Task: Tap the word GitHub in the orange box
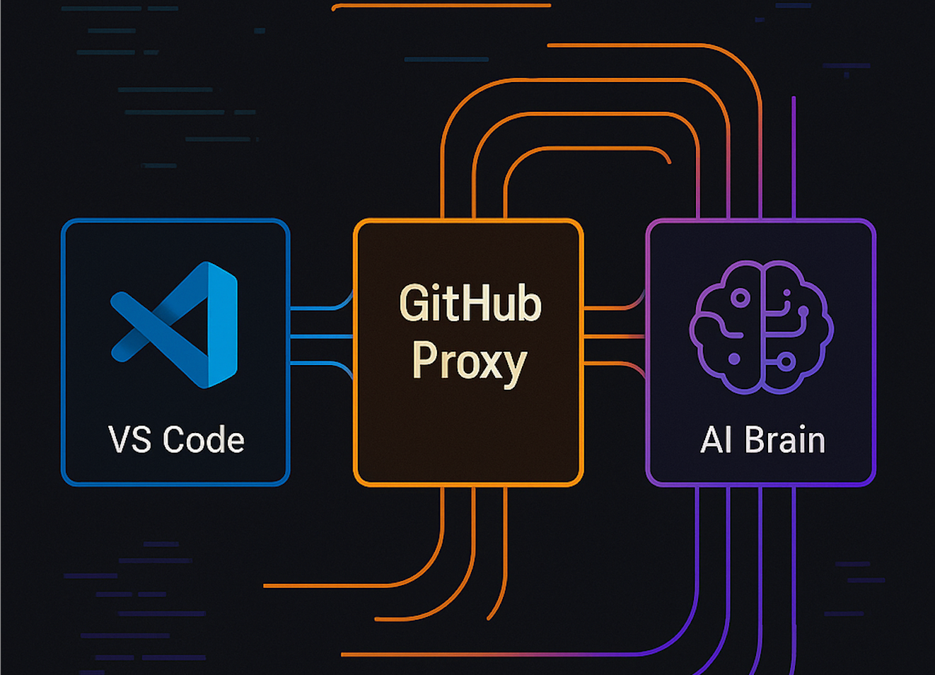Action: tap(470, 304)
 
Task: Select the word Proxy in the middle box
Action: tap(469, 362)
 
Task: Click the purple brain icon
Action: tap(762, 326)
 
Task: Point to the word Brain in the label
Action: tap(784, 440)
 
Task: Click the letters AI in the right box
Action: tap(716, 440)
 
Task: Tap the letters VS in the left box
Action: tap(130, 440)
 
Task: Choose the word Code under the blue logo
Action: tap(204, 440)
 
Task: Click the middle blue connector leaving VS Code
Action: tap(322, 337)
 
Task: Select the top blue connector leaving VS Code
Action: tap(318, 308)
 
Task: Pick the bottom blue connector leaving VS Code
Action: tap(318, 364)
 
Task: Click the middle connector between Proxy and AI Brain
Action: tap(614, 337)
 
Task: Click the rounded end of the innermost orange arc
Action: tap(668, 162)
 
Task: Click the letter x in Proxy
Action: tap(488, 363)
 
